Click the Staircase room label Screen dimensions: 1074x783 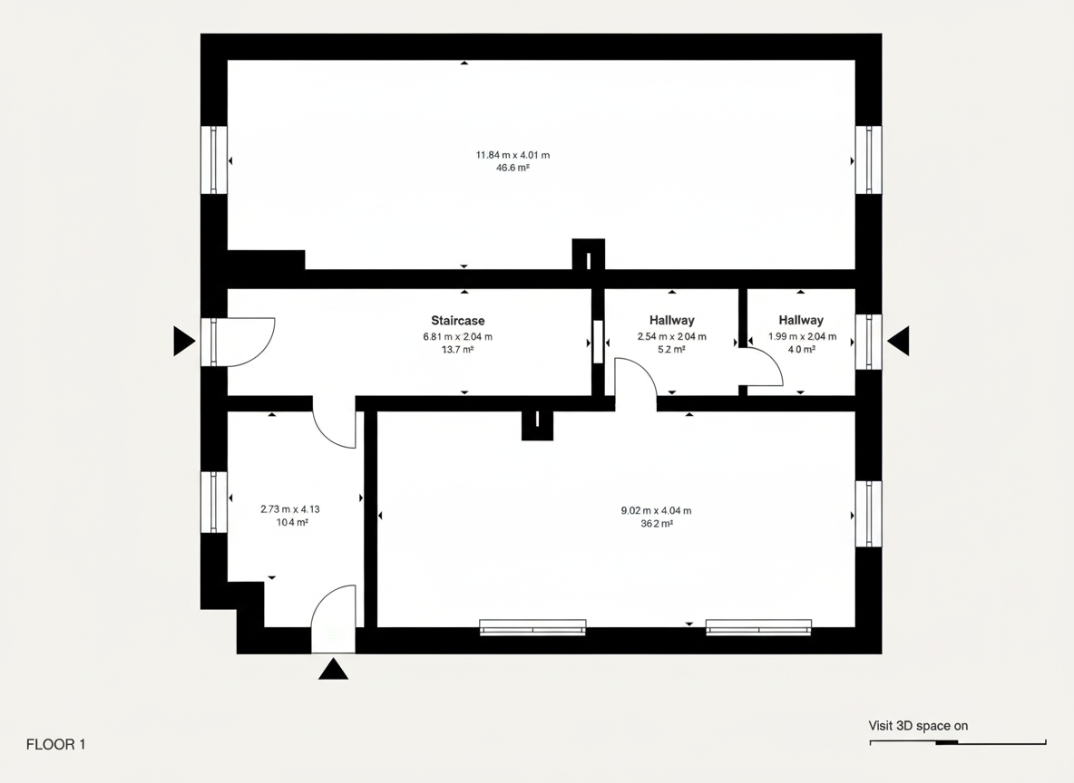coord(457,320)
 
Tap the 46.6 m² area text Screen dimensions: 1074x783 coord(513,168)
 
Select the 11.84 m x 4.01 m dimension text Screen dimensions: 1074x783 coord(513,155)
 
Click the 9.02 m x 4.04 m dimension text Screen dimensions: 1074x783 coord(656,510)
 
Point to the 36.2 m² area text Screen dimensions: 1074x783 coord(656,524)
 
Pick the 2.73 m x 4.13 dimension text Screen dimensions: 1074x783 coord(289,509)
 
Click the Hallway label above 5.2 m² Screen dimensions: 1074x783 coord(672,320)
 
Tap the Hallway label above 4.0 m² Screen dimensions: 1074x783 coord(801,320)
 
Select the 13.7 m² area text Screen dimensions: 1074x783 coord(457,350)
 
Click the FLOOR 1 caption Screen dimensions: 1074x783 coord(55,745)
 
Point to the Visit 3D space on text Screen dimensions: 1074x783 coord(918,726)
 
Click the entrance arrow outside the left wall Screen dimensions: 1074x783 coord(183,341)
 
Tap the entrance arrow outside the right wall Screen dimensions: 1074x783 coord(899,341)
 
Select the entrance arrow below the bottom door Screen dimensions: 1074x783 coord(334,670)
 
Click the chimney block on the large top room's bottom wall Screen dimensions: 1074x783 coord(589,254)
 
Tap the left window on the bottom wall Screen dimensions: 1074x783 coord(532,627)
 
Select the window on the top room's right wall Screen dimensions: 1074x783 coord(868,159)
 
